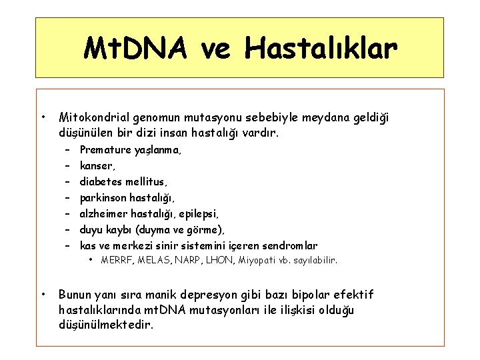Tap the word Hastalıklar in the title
coord(321,49)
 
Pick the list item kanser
coord(97,165)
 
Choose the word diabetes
coord(100,181)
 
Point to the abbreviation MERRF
coord(115,260)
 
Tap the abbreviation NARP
coord(185,260)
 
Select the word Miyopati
coord(253,260)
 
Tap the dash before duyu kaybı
coord(68,229)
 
